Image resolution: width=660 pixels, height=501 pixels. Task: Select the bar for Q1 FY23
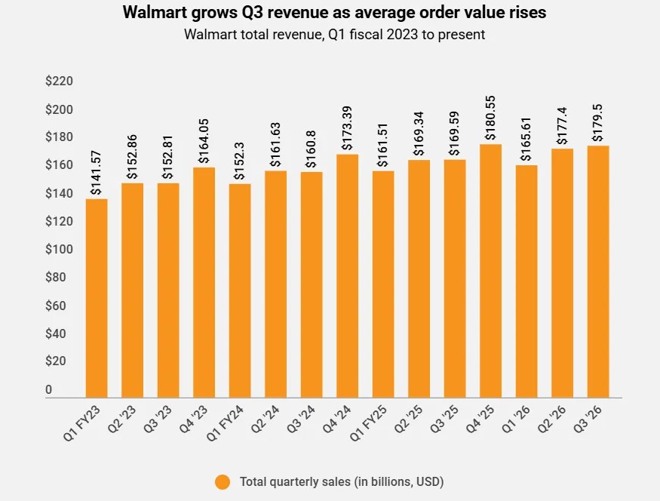pyautogui.click(x=97, y=298)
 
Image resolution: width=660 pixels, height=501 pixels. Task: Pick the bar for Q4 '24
pyautogui.click(x=347, y=275)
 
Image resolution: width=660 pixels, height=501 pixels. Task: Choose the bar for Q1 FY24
pyautogui.click(x=240, y=290)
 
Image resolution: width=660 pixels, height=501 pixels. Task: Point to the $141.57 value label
pyautogui.click(x=97, y=173)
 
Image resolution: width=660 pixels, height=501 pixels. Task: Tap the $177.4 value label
pyautogui.click(x=562, y=126)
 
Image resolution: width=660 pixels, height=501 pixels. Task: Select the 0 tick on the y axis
pyautogui.click(x=49, y=389)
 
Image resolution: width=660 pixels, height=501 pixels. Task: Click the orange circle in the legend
pyautogui.click(x=223, y=481)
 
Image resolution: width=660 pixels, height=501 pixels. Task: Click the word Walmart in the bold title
pyautogui.click(x=152, y=13)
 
